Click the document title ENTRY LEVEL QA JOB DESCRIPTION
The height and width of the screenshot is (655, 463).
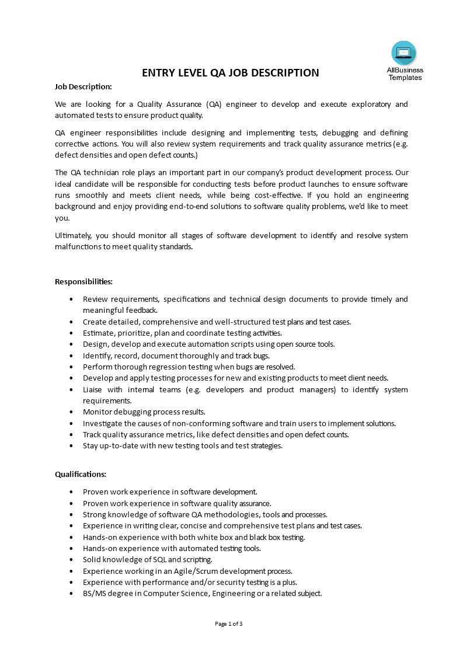231,73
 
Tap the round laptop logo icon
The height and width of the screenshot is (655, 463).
404,53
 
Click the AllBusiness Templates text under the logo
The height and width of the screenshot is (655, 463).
405,74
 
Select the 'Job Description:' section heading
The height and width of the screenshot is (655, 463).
83,86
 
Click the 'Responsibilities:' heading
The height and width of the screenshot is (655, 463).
83,281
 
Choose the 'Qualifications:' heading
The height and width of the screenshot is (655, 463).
81,474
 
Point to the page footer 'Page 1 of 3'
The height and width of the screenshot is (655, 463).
229,623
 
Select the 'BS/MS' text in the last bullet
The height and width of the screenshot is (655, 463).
94,594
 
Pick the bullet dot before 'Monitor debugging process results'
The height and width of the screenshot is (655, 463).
71,412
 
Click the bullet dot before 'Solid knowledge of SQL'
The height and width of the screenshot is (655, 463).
71,560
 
